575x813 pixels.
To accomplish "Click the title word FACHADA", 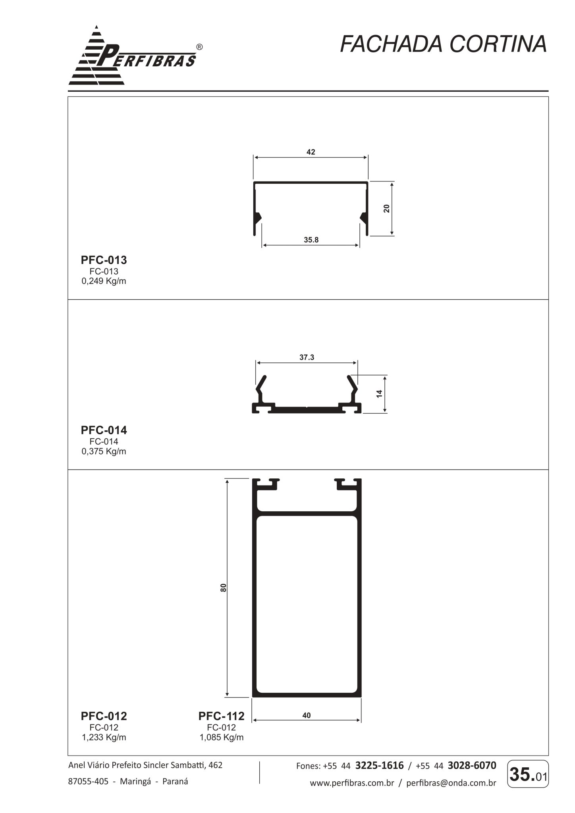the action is [391, 44].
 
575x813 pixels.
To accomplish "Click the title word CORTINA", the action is [498, 44].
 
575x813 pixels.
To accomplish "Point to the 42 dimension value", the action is [311, 152].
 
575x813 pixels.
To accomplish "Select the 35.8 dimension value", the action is [311, 240].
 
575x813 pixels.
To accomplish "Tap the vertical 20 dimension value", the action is [387, 208].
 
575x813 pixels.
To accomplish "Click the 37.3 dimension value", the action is [307, 357].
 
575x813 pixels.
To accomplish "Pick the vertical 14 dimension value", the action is [379, 394].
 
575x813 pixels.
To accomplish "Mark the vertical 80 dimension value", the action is [223, 588].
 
